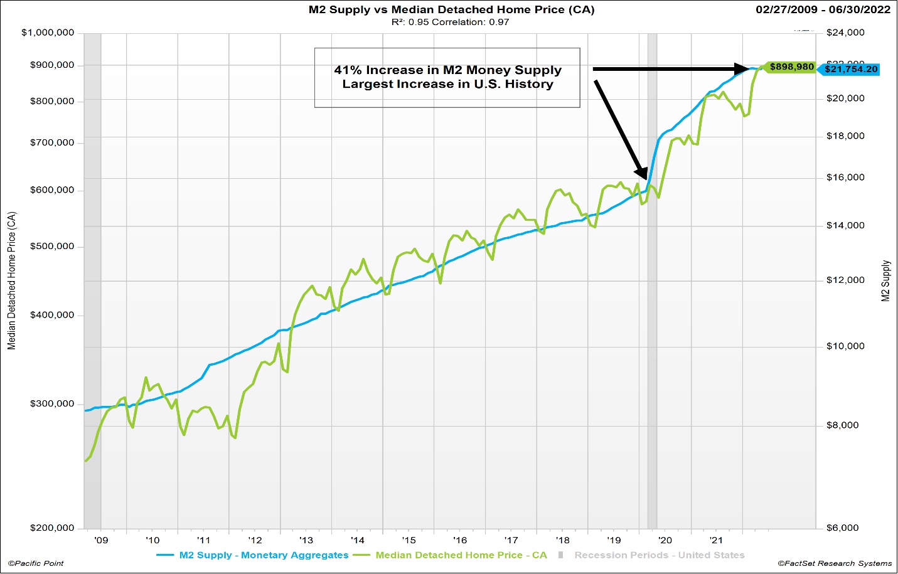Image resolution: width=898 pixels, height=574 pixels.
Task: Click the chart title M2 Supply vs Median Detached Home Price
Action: [451, 9]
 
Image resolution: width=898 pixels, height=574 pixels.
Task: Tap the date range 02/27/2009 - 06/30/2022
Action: [823, 9]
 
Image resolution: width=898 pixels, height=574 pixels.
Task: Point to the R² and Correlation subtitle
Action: [450, 22]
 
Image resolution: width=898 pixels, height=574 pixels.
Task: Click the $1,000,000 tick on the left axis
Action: [48, 33]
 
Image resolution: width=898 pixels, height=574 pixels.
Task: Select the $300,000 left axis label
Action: [52, 403]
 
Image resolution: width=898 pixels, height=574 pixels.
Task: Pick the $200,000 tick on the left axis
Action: [52, 528]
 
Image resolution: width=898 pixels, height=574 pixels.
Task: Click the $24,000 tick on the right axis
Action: [845, 33]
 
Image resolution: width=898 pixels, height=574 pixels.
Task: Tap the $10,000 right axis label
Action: [845, 346]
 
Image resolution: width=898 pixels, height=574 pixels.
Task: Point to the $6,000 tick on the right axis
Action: [843, 528]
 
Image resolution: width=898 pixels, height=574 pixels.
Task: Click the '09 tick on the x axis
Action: [101, 540]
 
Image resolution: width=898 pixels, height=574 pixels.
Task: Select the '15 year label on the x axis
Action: [409, 540]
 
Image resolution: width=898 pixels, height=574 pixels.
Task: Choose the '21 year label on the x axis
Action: [716, 540]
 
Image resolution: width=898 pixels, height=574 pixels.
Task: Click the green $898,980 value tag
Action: [791, 67]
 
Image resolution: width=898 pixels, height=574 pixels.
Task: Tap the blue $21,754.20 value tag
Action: [850, 69]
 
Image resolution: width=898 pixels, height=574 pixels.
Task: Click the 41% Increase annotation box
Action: [447, 77]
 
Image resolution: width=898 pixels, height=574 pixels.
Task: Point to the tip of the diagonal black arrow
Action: [644, 178]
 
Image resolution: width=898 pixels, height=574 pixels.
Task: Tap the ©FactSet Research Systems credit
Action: [835, 563]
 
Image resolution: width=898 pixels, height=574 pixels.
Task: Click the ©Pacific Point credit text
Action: [36, 563]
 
